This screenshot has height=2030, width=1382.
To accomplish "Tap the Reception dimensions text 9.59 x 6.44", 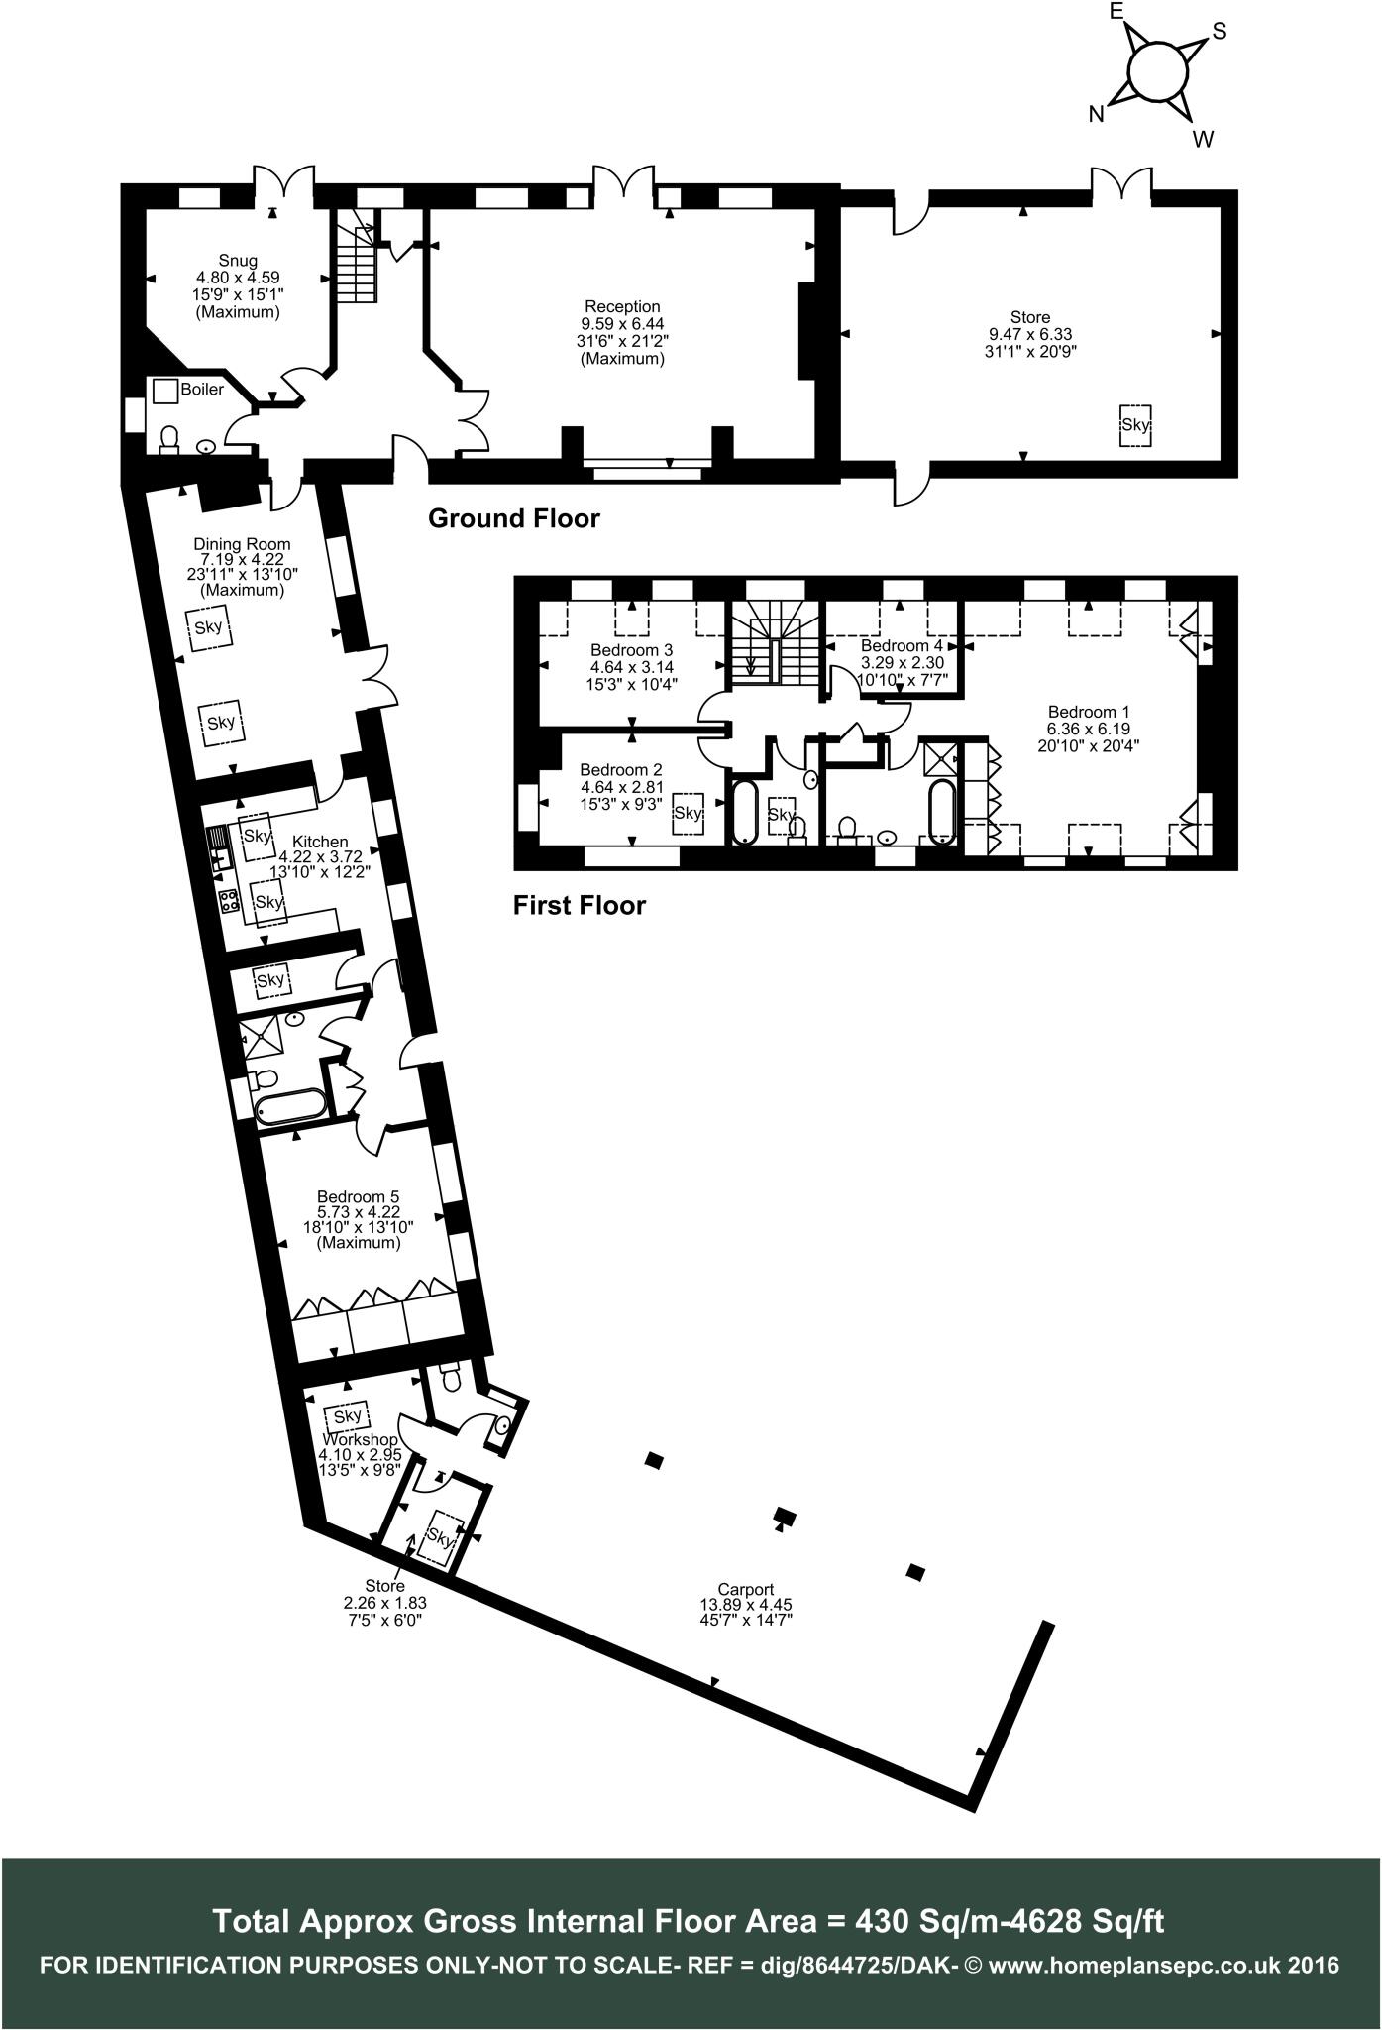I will coord(621,324).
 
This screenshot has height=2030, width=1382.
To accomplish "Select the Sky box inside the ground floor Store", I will coord(1135,425).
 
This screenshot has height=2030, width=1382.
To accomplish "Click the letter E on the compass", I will coord(1116,11).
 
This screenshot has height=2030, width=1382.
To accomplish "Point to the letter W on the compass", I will coord(1203,140).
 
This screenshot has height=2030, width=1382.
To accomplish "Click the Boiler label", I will coord(202,390).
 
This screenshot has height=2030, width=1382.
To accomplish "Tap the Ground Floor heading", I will coord(513,518).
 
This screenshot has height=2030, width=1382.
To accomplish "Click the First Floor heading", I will coord(579,905).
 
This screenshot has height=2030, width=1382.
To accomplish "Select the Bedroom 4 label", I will coord(902,646).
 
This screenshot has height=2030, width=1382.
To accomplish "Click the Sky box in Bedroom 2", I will coord(688,813).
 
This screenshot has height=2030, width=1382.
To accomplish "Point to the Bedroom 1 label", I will coord(1089,712).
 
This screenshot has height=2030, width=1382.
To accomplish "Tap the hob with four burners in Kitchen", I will coord(229,901).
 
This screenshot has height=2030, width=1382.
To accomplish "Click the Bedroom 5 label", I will coord(358,1197).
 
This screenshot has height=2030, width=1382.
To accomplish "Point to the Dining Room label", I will coord(242,544).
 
